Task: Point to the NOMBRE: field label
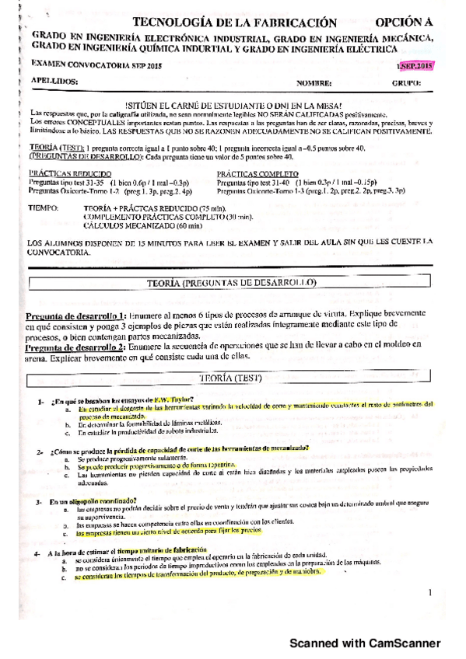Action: point(314,82)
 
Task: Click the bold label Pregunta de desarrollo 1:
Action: point(75,316)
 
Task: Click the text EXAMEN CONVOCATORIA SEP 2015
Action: point(82,66)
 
